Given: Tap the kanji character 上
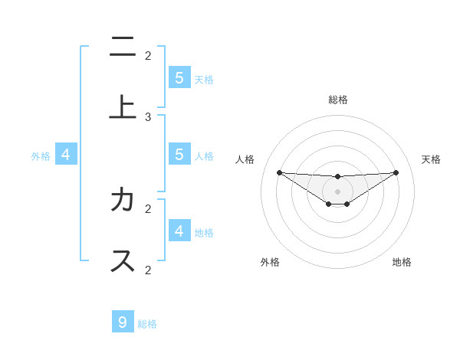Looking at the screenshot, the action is tap(123, 108).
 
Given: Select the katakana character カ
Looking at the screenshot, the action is tap(123, 200).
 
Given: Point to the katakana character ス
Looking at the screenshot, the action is tap(123, 260).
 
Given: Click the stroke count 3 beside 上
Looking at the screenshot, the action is tap(148, 117).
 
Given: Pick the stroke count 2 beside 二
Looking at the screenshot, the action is tap(148, 55).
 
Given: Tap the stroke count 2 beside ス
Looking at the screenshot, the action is tap(148, 270).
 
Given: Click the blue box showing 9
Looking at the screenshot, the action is tap(123, 322).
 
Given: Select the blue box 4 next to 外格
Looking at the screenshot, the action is tap(66, 155).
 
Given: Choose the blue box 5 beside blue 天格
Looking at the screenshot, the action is tap(179, 77).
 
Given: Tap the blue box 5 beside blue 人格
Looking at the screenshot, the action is tap(179, 155).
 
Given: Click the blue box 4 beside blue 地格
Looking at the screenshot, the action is tap(179, 231).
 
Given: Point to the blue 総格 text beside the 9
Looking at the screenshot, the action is tap(147, 324).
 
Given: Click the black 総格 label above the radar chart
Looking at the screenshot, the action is tap(338, 100).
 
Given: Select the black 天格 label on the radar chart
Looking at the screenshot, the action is tap(431, 159).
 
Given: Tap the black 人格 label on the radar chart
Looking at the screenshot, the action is tap(245, 159).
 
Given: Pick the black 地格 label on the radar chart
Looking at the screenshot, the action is tap(402, 262).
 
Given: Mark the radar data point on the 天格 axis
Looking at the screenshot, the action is tap(396, 172).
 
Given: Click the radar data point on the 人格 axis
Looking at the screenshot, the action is tap(280, 172).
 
